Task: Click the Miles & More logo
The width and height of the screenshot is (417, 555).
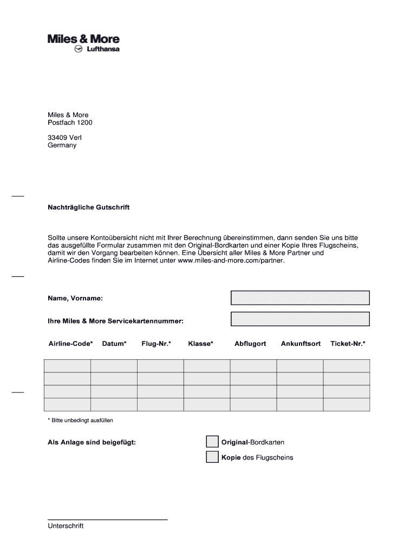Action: pyautogui.click(x=83, y=39)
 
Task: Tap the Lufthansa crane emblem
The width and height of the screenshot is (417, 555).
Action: pyautogui.click(x=78, y=49)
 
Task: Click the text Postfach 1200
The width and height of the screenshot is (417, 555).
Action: pyautogui.click(x=70, y=122)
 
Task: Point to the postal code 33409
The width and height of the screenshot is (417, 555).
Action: pyautogui.click(x=57, y=138)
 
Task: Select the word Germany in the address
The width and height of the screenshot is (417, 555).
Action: pyautogui.click(x=62, y=145)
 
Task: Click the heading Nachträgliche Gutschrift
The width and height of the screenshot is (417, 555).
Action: pyautogui.click(x=89, y=208)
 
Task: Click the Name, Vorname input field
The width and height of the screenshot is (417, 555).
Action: pyautogui.click(x=300, y=298)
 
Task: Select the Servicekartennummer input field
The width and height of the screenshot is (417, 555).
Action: pyautogui.click(x=300, y=319)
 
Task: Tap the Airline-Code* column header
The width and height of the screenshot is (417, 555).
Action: pyautogui.click(x=70, y=344)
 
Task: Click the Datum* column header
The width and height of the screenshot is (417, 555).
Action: pyautogui.click(x=114, y=344)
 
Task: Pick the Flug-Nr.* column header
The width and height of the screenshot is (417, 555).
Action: pyautogui.click(x=157, y=344)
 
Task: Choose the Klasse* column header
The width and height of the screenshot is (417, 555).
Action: pyautogui.click(x=201, y=344)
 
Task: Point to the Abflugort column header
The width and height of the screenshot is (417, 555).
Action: pyautogui.click(x=250, y=344)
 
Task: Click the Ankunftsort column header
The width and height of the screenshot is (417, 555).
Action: pyautogui.click(x=301, y=344)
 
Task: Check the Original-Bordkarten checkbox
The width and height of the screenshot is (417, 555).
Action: pyautogui.click(x=212, y=442)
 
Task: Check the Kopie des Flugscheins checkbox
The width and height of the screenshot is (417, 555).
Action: pyautogui.click(x=212, y=457)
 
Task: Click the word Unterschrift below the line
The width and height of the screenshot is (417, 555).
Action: pyautogui.click(x=66, y=526)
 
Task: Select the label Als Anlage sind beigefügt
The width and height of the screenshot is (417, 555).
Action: pyautogui.click(x=92, y=442)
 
